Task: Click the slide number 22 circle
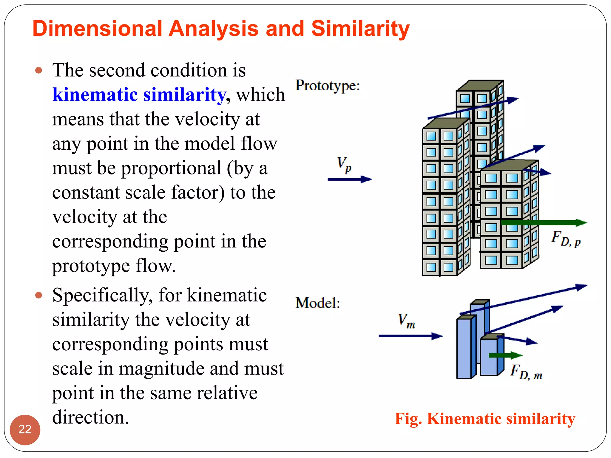click(x=25, y=429)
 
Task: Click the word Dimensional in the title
click(x=97, y=29)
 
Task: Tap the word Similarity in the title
click(x=360, y=29)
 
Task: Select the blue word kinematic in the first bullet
click(x=95, y=95)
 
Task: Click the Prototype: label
click(x=328, y=86)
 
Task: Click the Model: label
click(x=318, y=303)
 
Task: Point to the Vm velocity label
click(x=406, y=321)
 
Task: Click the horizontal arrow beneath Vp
click(x=349, y=179)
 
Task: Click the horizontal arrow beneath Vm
click(x=410, y=336)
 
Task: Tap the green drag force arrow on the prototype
click(x=543, y=222)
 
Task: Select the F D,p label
click(x=566, y=239)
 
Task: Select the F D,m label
click(x=526, y=372)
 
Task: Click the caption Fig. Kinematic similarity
click(x=485, y=419)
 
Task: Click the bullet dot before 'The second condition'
click(x=38, y=71)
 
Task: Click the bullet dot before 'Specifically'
click(x=38, y=295)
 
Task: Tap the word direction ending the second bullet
click(x=90, y=417)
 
